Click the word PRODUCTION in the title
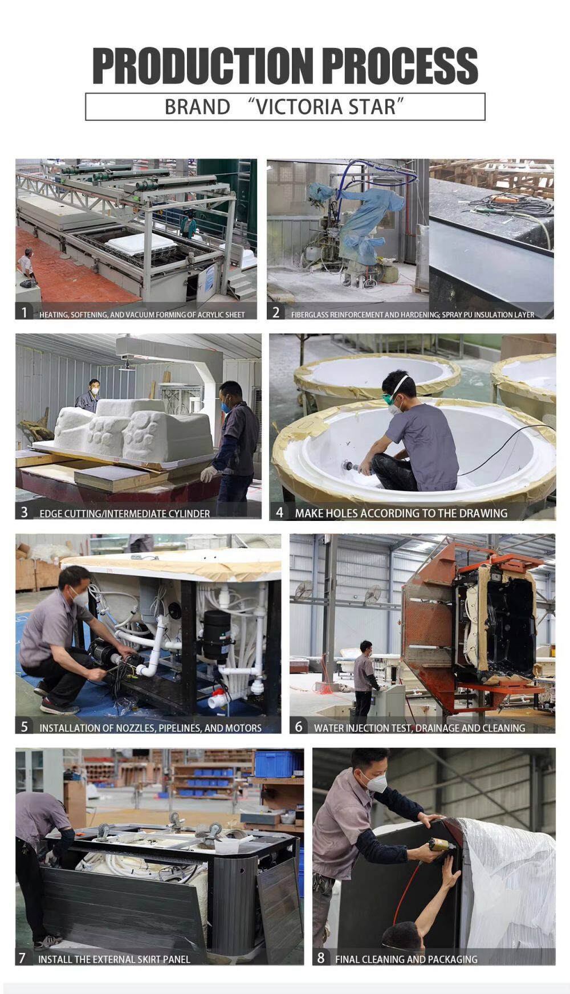point(203,66)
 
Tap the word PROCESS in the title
point(400,66)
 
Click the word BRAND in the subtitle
point(197,107)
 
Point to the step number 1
point(24,312)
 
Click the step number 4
point(279,512)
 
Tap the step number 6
point(299,727)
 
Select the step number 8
point(321,958)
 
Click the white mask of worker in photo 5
point(79,597)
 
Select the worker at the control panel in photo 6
point(364,678)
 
